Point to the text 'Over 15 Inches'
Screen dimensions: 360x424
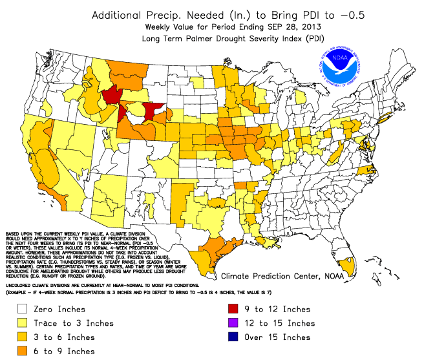point(279,337)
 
